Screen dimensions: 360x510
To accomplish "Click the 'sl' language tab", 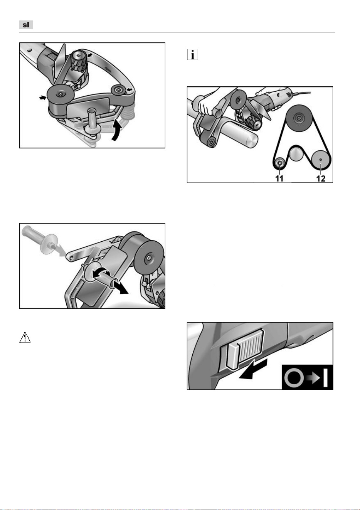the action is (x=26, y=25).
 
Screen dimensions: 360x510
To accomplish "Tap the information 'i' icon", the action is (x=192, y=55).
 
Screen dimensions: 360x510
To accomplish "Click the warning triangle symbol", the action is (x=25, y=337).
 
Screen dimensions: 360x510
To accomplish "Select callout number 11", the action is (x=279, y=178).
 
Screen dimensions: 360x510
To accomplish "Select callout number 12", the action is (x=321, y=178).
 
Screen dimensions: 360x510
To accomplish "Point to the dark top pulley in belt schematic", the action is (x=299, y=118).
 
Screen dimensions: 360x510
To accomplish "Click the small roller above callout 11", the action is (x=280, y=163).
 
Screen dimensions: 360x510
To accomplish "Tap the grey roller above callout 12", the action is (x=320, y=160).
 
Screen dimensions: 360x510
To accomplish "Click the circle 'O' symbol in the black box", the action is (x=294, y=378).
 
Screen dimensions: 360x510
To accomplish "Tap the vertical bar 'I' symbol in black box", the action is (x=325, y=378).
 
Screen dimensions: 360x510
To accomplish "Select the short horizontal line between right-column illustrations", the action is (x=249, y=284).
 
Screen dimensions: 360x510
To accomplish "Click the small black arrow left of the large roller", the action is (x=42, y=98).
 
